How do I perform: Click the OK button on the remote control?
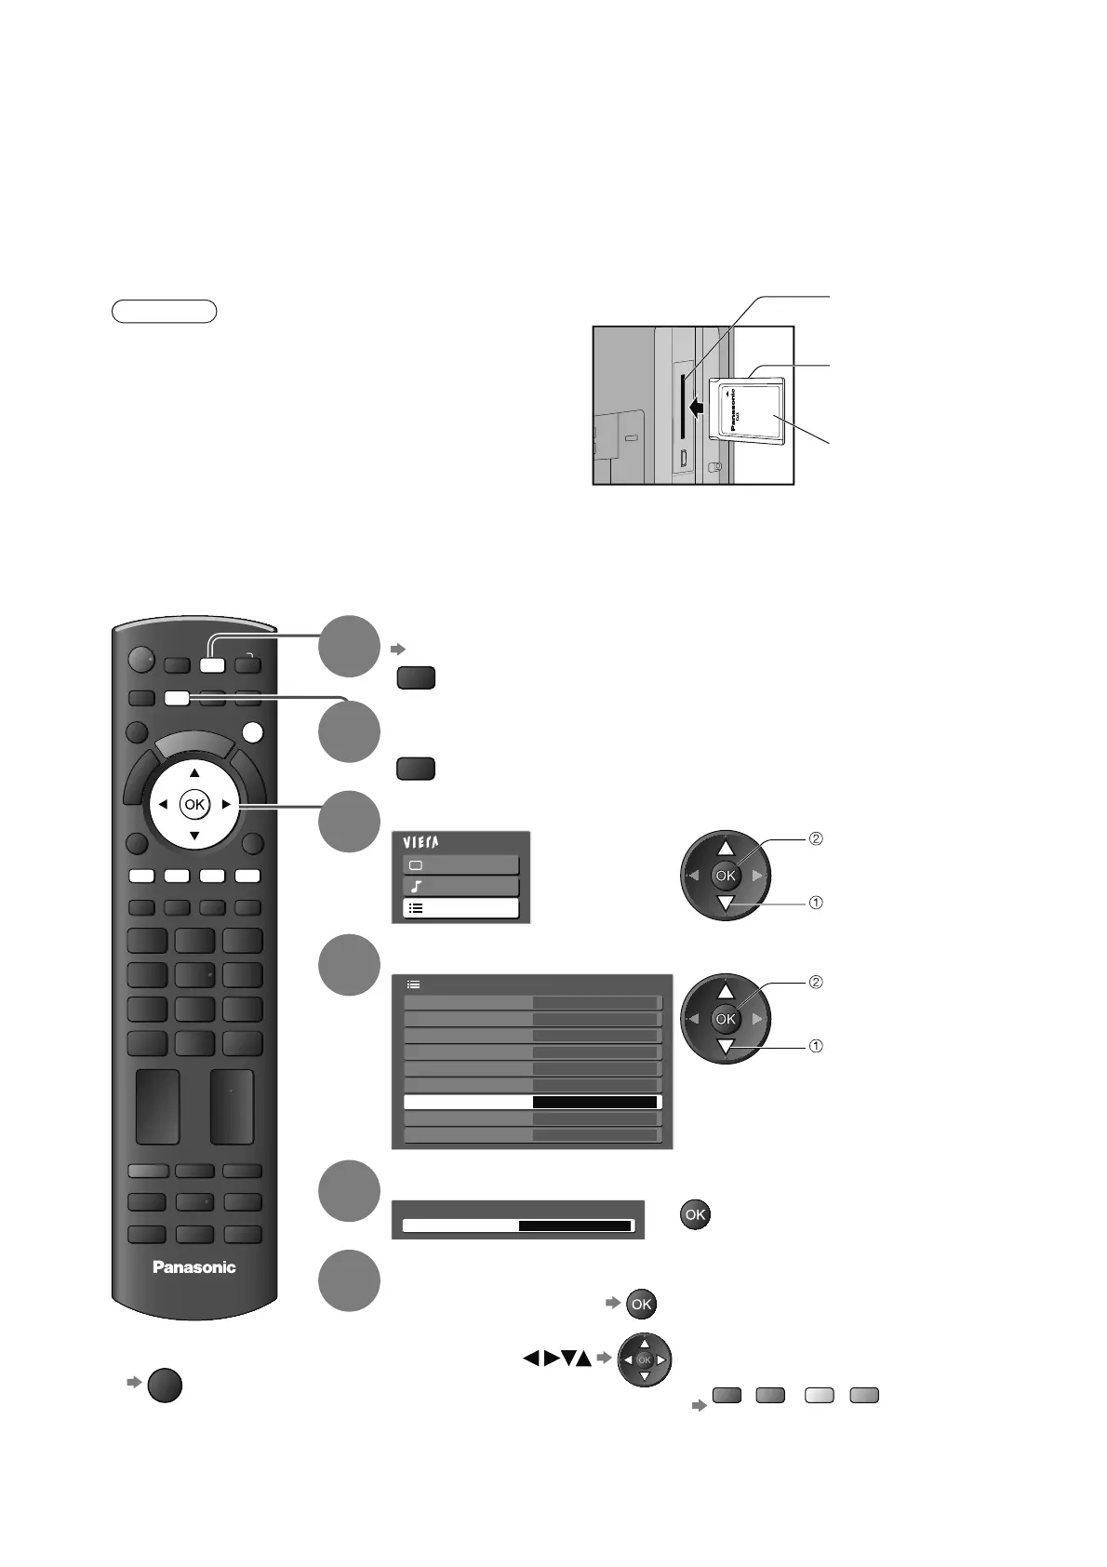pos(193,804)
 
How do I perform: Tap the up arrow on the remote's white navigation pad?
pos(194,773)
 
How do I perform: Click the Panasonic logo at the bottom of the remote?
pos(194,1266)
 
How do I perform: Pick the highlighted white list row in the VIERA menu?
pos(460,908)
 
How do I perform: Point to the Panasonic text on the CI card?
pos(735,408)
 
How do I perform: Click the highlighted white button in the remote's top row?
pos(212,665)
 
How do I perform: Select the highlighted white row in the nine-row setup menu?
pos(531,1103)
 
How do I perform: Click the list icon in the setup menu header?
pos(414,984)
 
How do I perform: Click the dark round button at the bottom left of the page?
pos(164,1386)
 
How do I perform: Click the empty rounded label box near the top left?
pos(164,311)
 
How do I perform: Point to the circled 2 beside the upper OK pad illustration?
pos(816,838)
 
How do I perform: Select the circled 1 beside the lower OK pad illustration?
pos(816,1046)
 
